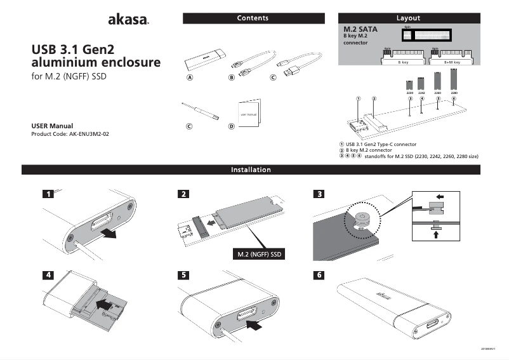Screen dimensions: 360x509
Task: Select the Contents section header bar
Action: pyautogui.click(x=253, y=18)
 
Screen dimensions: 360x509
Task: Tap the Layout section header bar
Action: pyautogui.click(x=408, y=18)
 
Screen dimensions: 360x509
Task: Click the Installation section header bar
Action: pyautogui.click(x=251, y=170)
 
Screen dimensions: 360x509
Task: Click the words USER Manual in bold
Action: pyautogui.click(x=53, y=126)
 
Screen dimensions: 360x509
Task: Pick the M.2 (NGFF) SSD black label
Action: pyautogui.click(x=258, y=255)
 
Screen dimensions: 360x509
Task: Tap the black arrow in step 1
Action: pyautogui.click(x=110, y=234)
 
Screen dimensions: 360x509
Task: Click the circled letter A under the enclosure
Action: pyautogui.click(x=189, y=78)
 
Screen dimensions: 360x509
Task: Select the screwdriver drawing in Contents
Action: pyautogui.click(x=199, y=110)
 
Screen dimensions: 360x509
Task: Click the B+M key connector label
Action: pyautogui.click(x=452, y=63)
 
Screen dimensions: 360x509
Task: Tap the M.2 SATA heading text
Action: pyautogui.click(x=359, y=29)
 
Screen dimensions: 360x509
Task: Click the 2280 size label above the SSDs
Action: pyautogui.click(x=454, y=93)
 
